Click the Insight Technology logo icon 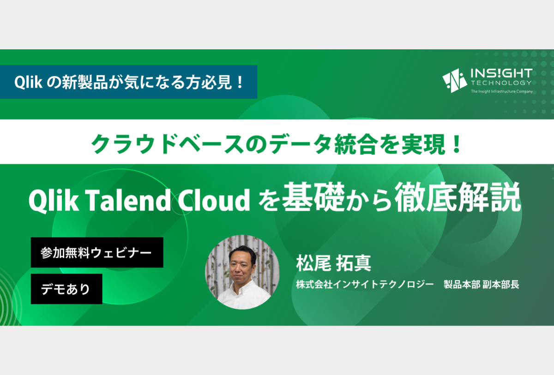point(454,81)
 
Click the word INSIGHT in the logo point(501,73)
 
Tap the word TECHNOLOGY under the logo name point(501,83)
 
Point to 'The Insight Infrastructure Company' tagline point(501,91)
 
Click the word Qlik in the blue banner point(28,82)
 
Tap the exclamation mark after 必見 point(240,82)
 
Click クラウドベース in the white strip point(168,144)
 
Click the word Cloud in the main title point(214,200)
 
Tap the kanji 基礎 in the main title point(313,197)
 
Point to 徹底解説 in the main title point(458,197)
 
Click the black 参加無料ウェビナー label point(97,252)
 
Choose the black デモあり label point(66,289)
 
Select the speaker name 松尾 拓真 point(334,263)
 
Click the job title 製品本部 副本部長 point(481,285)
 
